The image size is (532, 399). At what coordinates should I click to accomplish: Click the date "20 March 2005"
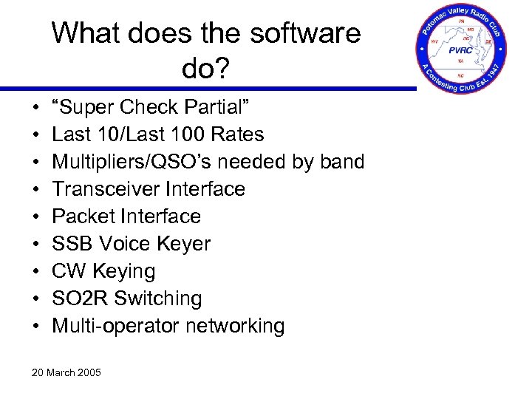(x=66, y=372)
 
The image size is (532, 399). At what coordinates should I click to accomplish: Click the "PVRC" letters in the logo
(x=462, y=50)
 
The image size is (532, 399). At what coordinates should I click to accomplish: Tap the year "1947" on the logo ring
(x=492, y=72)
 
